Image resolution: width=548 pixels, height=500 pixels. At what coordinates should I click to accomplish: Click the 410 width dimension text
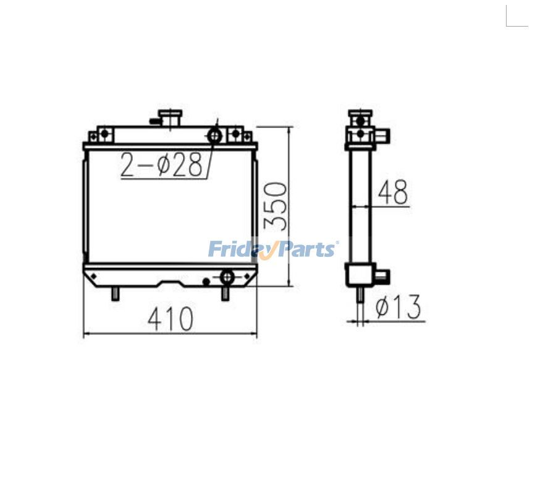pyautogui.click(x=171, y=319)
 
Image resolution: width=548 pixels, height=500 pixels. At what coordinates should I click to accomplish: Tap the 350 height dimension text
pyautogui.click(x=276, y=205)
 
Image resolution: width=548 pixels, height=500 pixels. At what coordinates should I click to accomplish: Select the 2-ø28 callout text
pyautogui.click(x=161, y=166)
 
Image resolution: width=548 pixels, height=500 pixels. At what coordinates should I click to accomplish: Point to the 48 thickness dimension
pyautogui.click(x=393, y=192)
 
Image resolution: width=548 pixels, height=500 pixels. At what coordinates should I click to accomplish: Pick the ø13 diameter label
pyautogui.click(x=398, y=307)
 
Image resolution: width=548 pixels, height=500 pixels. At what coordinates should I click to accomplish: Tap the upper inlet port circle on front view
pyautogui.click(x=214, y=134)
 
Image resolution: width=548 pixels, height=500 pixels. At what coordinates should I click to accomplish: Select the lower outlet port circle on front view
pyautogui.click(x=227, y=276)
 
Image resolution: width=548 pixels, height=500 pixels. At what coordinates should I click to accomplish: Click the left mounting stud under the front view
pyautogui.click(x=115, y=295)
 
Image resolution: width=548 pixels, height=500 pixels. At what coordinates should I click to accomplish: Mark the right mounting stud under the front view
pyautogui.click(x=226, y=294)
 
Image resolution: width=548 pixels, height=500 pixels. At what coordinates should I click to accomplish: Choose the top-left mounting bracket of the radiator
pyautogui.click(x=102, y=134)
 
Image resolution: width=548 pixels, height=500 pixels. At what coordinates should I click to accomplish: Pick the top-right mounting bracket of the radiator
pyautogui.click(x=236, y=134)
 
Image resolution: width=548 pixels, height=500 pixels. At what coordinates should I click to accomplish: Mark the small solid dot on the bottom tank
pyautogui.click(x=206, y=282)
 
